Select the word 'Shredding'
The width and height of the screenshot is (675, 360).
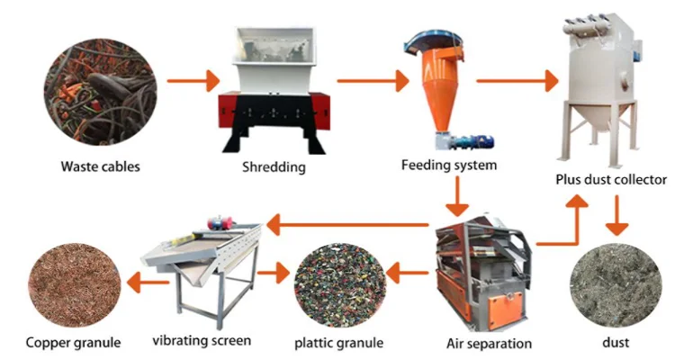coord(274,166)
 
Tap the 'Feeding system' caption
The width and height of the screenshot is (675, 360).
coord(449,166)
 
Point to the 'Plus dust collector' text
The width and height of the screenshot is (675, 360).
coord(609,180)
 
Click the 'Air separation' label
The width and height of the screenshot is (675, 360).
coord(489,343)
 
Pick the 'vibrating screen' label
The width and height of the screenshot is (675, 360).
coord(202,341)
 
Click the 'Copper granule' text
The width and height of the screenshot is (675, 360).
coord(73,342)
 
